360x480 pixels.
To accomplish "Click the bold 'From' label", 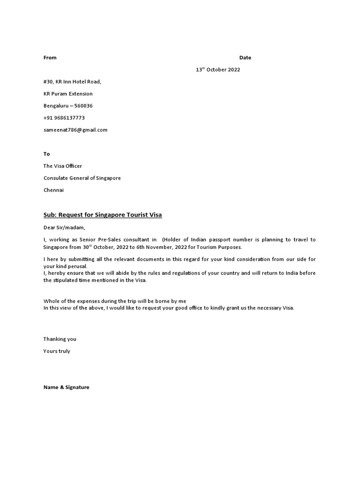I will pos(50,58).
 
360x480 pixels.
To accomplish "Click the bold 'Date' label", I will pos(245,58).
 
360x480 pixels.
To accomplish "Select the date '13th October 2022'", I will pos(217,70).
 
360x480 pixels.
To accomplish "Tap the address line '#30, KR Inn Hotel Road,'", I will pos(72,82).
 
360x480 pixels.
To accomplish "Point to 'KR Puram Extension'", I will pos(68,94).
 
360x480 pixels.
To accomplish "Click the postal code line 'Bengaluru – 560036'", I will pos(68,106).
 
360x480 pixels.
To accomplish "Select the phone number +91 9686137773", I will pos(64,118).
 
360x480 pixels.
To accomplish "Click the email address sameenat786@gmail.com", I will pos(75,130).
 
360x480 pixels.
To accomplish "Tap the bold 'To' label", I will pos(46,154).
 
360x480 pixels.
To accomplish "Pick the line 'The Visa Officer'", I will pos(63,166).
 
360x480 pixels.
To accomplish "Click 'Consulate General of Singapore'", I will pos(82,178).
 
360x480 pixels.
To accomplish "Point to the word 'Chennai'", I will pos(53,190).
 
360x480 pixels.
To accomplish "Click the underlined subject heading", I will pos(103,215).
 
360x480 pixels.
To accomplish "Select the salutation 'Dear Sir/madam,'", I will pos(64,228).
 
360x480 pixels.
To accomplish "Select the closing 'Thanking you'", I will pos(60,339).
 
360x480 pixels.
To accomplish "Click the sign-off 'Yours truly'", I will pos(57,351).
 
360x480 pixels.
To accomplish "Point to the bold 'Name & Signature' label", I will pos(66,388).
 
